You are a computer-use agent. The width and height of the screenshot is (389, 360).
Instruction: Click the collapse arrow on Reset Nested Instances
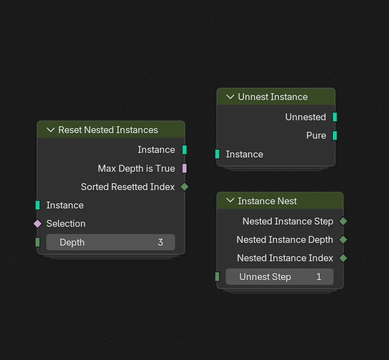click(x=51, y=130)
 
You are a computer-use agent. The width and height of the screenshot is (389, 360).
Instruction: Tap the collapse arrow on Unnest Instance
click(x=230, y=97)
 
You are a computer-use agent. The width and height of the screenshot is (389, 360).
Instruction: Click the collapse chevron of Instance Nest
click(x=230, y=201)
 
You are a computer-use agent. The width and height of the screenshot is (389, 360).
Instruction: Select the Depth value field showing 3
click(x=111, y=242)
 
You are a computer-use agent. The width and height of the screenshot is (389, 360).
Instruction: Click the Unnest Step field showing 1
click(x=280, y=276)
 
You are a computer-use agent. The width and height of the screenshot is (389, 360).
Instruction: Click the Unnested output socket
click(x=335, y=117)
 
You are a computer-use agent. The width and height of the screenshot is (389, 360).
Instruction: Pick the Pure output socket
click(x=335, y=135)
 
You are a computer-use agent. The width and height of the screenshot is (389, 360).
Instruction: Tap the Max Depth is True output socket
click(x=184, y=169)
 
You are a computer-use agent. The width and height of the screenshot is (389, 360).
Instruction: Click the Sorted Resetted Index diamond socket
click(x=184, y=187)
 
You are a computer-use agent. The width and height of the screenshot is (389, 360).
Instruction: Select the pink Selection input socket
click(x=38, y=224)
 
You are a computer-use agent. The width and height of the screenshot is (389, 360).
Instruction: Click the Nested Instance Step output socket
click(x=343, y=221)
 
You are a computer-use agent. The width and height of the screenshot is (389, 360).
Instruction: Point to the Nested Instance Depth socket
click(x=343, y=240)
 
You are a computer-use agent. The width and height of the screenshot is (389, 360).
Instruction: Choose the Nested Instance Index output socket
click(x=343, y=258)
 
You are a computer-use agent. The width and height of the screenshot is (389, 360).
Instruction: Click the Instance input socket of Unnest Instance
click(x=217, y=154)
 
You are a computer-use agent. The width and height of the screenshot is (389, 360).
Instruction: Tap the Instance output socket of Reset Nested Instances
click(x=184, y=150)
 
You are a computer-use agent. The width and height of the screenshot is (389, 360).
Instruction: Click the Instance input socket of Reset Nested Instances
click(x=38, y=205)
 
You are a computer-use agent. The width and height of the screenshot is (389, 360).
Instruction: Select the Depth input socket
click(x=38, y=242)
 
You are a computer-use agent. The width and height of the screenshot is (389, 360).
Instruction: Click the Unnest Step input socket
click(x=217, y=276)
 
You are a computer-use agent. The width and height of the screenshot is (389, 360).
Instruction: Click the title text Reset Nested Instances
click(x=108, y=130)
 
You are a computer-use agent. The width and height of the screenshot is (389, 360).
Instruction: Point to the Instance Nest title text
click(x=267, y=201)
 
